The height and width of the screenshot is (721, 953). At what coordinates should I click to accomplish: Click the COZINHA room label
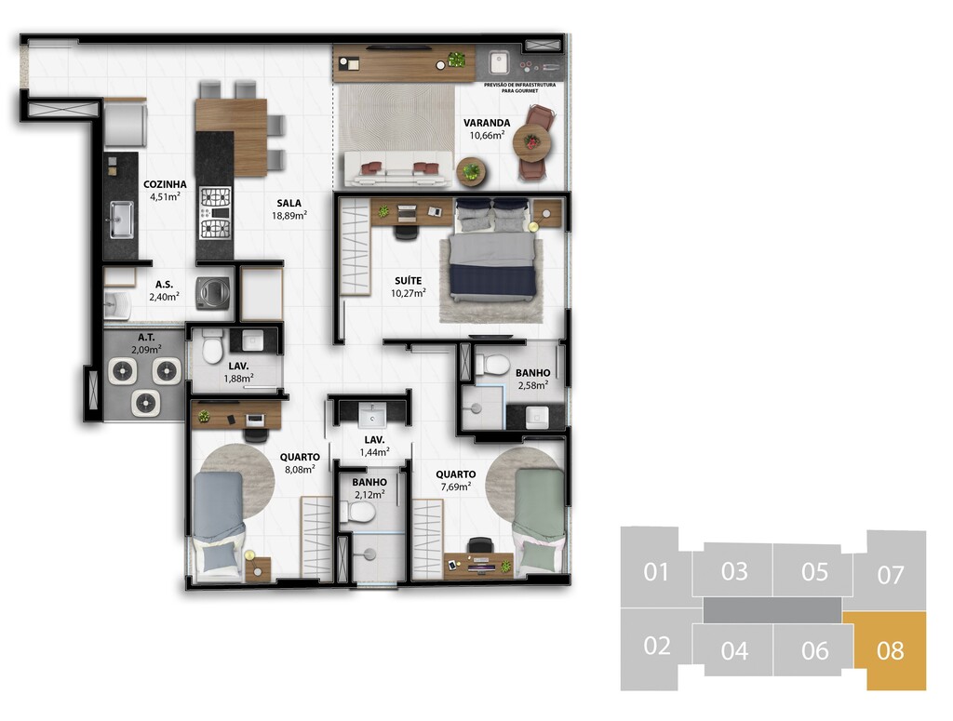(165, 184)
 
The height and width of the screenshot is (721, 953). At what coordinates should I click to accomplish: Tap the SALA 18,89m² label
(289, 209)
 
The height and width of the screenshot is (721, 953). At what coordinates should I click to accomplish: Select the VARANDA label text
(487, 123)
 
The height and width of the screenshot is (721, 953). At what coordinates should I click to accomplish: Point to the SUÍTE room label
(408, 281)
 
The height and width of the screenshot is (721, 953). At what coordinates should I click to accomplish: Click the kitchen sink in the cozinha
(122, 220)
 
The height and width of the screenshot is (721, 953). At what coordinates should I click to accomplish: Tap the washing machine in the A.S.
(213, 293)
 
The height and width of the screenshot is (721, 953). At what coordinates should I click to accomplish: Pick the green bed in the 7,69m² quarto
(539, 521)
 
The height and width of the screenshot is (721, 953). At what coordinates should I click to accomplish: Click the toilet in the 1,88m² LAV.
(212, 346)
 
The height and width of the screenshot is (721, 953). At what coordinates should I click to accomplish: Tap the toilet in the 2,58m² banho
(491, 365)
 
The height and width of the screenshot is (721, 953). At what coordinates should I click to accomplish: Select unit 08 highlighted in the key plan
(890, 650)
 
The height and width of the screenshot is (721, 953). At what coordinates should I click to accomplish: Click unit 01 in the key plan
(655, 571)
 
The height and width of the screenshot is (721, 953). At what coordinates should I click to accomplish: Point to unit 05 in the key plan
(814, 571)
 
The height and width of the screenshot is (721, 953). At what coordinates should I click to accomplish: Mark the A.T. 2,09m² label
(146, 343)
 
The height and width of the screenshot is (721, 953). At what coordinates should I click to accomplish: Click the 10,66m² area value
(487, 136)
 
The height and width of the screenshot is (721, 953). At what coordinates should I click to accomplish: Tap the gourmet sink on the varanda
(499, 62)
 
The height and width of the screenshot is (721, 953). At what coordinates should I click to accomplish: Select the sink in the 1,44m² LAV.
(371, 415)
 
